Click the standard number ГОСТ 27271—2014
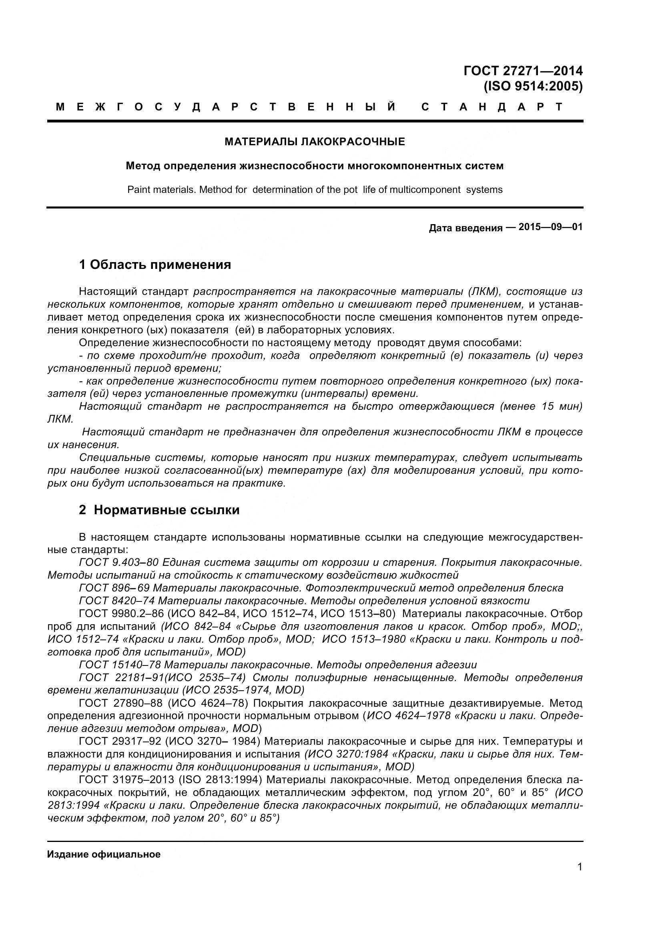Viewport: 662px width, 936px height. pyautogui.click(x=523, y=71)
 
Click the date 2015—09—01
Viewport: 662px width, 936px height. pyautogui.click(x=550, y=227)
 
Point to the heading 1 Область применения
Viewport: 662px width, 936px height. pyautogui.click(x=155, y=265)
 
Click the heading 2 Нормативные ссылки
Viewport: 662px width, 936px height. pyautogui.click(x=159, y=510)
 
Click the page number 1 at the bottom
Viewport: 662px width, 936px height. pyautogui.click(x=580, y=878)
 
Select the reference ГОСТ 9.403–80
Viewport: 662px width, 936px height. pyautogui.click(x=118, y=563)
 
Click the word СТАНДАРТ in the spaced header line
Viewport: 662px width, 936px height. pyautogui.click(x=491, y=107)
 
